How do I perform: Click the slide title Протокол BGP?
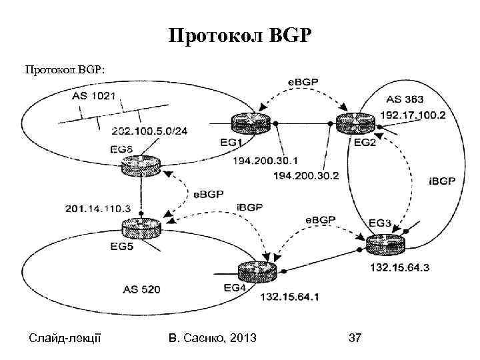(239, 35)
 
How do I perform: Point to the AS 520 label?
(141, 289)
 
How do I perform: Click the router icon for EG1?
(250, 123)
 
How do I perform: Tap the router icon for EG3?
(385, 245)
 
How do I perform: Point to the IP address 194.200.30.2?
(306, 176)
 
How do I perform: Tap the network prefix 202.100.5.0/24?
(149, 131)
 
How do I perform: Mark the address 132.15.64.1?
(289, 296)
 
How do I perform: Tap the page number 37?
(355, 339)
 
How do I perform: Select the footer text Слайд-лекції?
(65, 339)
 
